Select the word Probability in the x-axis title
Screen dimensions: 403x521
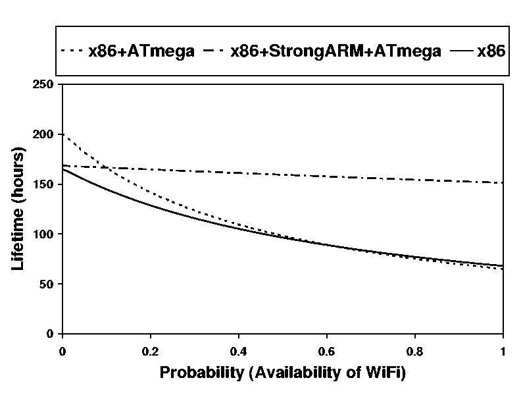coord(201,373)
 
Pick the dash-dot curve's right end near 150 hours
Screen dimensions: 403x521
coord(502,182)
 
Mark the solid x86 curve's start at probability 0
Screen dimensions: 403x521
coord(62,169)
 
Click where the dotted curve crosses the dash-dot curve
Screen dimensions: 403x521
coord(107,168)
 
